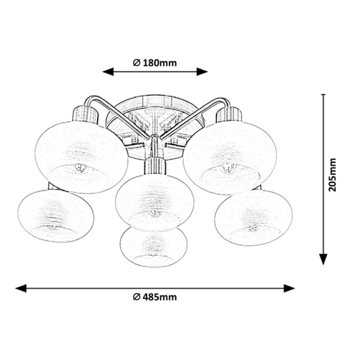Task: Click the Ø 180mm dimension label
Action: [x=155, y=63]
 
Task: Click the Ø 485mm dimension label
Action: [x=155, y=297]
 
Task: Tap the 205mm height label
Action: [x=332, y=175]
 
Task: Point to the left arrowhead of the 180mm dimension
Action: [x=108, y=72]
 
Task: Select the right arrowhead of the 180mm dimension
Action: [x=202, y=72]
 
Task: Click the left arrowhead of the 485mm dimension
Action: [x=21, y=288]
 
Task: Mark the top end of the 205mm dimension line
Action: [x=323, y=94]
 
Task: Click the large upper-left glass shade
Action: [x=81, y=157]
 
